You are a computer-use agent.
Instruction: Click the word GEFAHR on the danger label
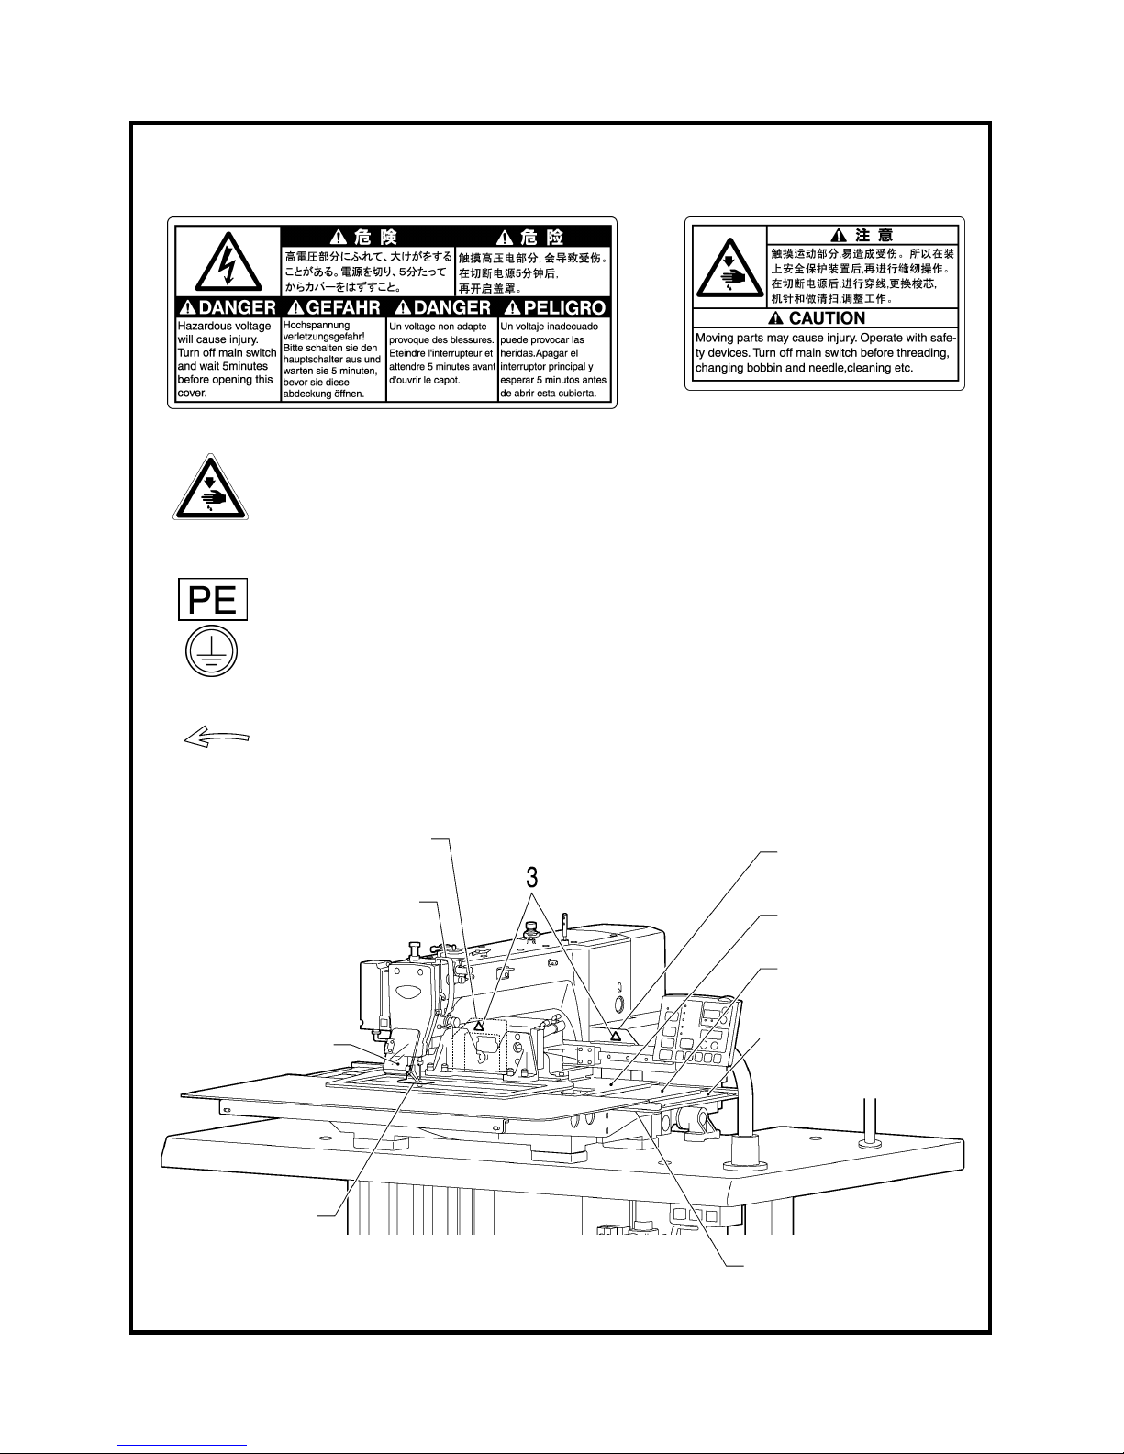coord(343,308)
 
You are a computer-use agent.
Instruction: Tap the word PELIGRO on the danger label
coord(564,308)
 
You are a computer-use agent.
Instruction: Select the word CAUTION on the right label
coord(827,317)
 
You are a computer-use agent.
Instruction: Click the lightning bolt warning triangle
coord(228,261)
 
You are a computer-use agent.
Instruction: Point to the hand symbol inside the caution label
coord(730,268)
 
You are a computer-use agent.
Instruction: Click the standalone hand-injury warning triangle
coord(211,487)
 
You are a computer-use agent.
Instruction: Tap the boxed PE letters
coord(213,600)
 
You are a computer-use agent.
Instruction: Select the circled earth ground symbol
coord(211,651)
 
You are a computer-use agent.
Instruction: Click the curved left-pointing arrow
coord(217,738)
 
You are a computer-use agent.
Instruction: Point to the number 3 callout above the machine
coord(532,876)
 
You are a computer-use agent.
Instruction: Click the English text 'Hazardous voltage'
coord(224,326)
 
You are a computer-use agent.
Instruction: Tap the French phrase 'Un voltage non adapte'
coord(439,327)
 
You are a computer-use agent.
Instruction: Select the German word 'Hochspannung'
coord(317,325)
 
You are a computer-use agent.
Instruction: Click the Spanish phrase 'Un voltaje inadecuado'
coord(550,327)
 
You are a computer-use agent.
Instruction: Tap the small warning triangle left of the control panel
coord(616,1035)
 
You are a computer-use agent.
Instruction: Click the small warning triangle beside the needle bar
coord(478,1025)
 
